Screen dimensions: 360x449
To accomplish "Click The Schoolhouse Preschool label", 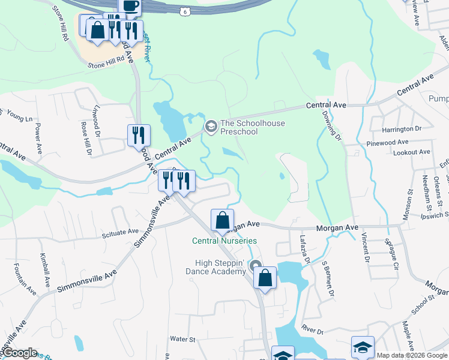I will pos(253,128).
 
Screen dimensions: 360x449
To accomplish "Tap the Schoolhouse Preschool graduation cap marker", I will pos(211,126).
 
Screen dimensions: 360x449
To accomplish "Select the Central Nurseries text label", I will pos(224,241).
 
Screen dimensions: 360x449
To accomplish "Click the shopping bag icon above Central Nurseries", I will pos(222,220).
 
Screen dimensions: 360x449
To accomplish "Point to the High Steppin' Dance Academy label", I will pos(221,267).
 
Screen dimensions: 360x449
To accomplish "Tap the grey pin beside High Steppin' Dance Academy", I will pos(256,266).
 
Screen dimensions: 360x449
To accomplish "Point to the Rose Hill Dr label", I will pos(85,139).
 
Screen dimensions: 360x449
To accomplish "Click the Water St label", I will pos(183,340).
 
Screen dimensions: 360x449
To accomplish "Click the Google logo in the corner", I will pos(19,353).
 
